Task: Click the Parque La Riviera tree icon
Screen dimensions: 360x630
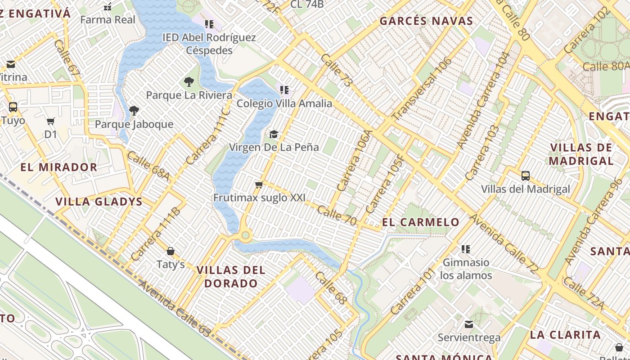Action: coord(189,82)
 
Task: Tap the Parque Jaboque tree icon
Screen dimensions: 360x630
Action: coord(134,111)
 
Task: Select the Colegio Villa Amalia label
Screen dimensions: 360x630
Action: coord(284,103)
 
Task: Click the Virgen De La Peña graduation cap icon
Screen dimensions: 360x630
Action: coord(274,134)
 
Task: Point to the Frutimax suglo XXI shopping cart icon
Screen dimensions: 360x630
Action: coord(259,185)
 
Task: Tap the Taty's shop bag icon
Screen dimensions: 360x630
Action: coord(171,251)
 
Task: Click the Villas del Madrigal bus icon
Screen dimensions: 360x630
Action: coord(525,176)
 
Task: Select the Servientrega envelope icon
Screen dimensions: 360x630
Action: coord(469,324)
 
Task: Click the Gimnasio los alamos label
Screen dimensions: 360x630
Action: coord(466,269)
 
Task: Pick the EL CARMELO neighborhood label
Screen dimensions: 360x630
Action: coord(421,222)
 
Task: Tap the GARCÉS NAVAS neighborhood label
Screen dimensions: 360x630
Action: coord(426,21)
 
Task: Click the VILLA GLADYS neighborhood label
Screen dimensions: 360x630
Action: coord(99,202)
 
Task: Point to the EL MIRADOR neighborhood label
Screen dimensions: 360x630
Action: coord(58,167)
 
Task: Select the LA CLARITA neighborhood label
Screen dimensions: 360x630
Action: coord(565,335)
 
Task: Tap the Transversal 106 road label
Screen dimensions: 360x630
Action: coord(422,89)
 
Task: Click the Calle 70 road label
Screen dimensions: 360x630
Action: coord(337,215)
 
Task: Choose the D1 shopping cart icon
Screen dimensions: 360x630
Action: coord(51,121)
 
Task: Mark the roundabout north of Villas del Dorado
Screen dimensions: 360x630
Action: coord(245,234)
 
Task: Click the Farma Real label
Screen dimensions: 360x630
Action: coord(108,20)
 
